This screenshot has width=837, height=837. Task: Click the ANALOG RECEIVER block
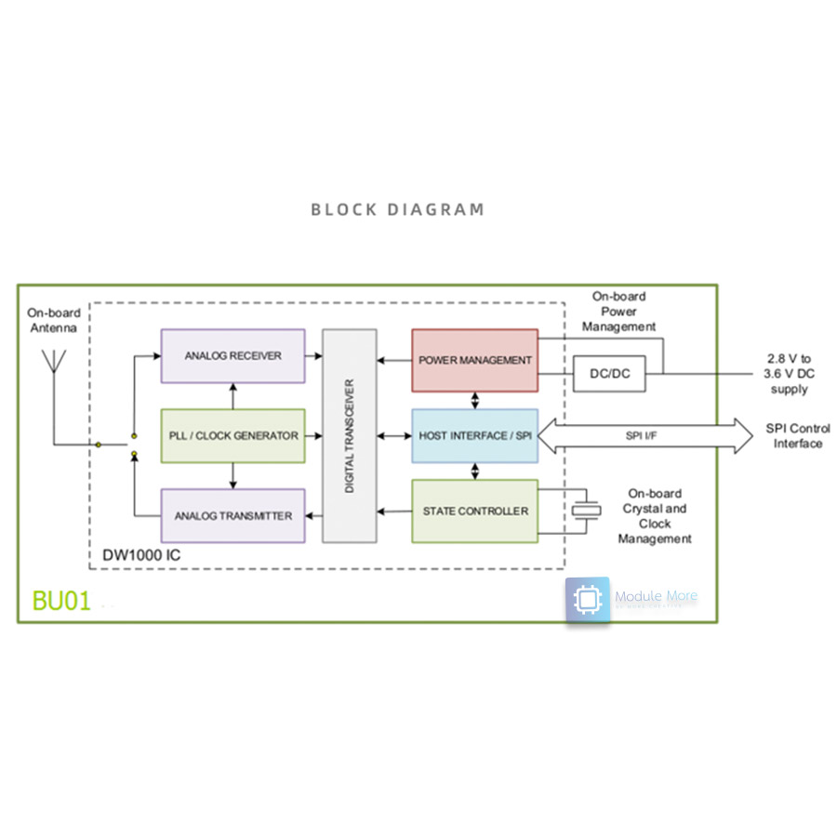click(x=232, y=355)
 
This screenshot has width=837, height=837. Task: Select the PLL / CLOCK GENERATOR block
click(x=232, y=435)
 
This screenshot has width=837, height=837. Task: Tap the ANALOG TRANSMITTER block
click(x=232, y=515)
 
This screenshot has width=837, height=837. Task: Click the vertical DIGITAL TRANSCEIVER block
click(x=350, y=435)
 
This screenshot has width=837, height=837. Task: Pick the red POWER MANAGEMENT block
click(x=474, y=360)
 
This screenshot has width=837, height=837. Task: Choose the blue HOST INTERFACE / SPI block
click(x=474, y=435)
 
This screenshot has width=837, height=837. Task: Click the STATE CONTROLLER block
click(x=474, y=511)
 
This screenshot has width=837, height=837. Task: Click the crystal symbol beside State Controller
click(x=586, y=511)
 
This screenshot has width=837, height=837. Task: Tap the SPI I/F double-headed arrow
click(x=645, y=435)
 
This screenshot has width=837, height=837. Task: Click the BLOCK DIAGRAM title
click(x=397, y=209)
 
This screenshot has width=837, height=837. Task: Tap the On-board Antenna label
click(x=54, y=320)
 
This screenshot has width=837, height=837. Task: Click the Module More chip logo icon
click(x=588, y=600)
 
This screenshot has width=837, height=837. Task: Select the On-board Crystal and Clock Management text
click(x=655, y=516)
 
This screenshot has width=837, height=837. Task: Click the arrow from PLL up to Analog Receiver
click(x=232, y=395)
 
